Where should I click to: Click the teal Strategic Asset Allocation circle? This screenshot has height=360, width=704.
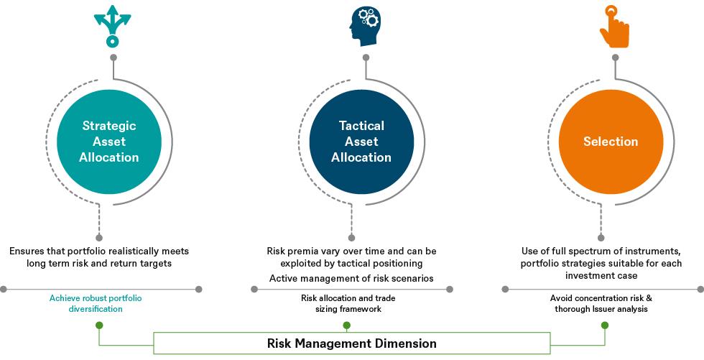(x=108, y=142)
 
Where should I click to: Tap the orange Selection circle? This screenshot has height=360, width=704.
(x=610, y=142)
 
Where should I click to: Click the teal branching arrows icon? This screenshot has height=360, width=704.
(x=111, y=25)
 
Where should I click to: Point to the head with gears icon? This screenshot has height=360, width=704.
(x=366, y=27)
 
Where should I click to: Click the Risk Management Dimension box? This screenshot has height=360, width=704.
(x=352, y=343)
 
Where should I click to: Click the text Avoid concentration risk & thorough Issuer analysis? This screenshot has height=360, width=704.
(x=602, y=303)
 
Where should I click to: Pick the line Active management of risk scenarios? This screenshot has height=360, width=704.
(x=351, y=278)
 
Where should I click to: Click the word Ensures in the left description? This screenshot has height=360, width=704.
(x=32, y=251)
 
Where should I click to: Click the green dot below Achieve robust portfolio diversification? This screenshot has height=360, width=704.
(x=100, y=325)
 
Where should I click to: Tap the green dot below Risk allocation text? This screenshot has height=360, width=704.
(x=347, y=325)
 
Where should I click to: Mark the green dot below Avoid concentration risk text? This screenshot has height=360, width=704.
(x=605, y=325)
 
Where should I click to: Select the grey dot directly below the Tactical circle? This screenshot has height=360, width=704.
(x=351, y=236)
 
